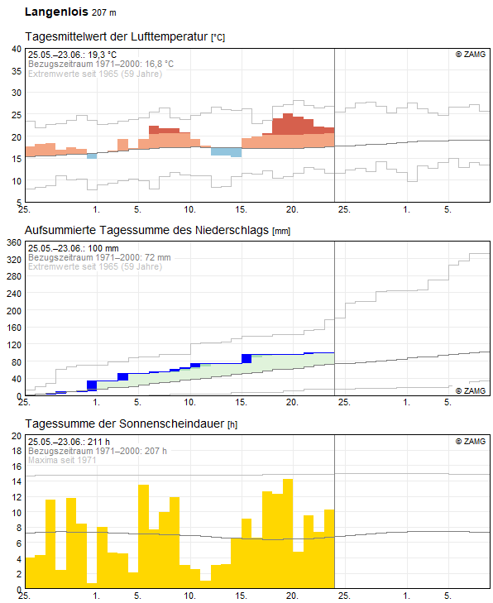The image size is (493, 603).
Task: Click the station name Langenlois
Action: pyautogui.click(x=56, y=12)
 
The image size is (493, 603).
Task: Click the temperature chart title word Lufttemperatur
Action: pyautogui.click(x=170, y=36)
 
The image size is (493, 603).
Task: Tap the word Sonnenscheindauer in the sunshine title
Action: pyautogui.click(x=172, y=424)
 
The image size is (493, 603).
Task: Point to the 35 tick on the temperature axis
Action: pyautogui.click(x=17, y=71)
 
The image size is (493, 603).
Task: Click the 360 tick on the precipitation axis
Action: pyautogui.click(x=14, y=242)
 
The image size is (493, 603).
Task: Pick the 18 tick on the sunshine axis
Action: pyautogui.click(x=17, y=451)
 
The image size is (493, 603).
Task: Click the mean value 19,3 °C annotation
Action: pyautogui.click(x=103, y=55)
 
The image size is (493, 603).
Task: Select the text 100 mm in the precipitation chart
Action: pyautogui.click(x=103, y=248)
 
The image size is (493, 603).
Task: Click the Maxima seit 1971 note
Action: pyautogui.click(x=62, y=460)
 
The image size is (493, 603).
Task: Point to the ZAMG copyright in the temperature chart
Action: pyautogui.click(x=471, y=55)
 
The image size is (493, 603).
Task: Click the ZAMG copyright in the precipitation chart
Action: pyautogui.click(x=471, y=390)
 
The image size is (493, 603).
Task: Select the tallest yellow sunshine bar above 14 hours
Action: pyautogui.click(x=288, y=534)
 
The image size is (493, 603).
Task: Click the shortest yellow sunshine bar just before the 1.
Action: pyautogui.click(x=92, y=586)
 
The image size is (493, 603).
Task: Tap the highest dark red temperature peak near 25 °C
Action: pyautogui.click(x=288, y=124)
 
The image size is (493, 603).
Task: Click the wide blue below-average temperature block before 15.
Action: pyautogui.click(x=226, y=152)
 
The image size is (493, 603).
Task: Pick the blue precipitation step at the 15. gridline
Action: pyautogui.click(x=247, y=358)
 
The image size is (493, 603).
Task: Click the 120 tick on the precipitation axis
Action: pyautogui.click(x=14, y=345)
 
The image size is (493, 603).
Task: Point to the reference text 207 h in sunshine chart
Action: pyautogui.click(x=156, y=451)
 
